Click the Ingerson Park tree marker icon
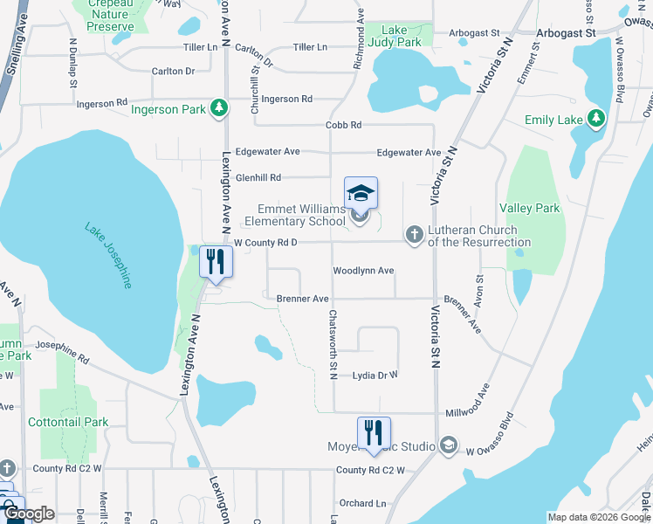click(219, 109)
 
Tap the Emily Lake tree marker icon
click(596, 119)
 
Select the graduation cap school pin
click(361, 193)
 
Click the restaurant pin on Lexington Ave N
click(215, 261)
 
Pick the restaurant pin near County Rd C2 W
click(374, 432)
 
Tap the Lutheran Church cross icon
click(415, 234)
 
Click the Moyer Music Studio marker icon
click(449, 446)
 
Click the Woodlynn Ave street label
click(363, 271)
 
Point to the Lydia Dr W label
click(375, 376)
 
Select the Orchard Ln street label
click(362, 503)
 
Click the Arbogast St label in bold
click(566, 33)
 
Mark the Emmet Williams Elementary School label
click(301, 215)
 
